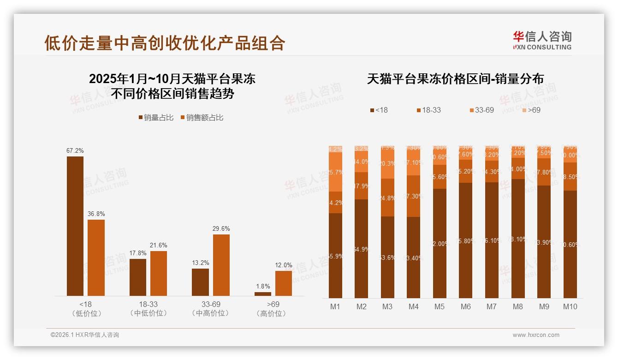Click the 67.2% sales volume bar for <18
point(75,226)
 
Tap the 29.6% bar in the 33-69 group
point(221,265)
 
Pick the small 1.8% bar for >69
point(263,294)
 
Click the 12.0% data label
point(284,265)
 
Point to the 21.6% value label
point(159,245)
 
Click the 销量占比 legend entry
point(156,118)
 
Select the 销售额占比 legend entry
point(202,118)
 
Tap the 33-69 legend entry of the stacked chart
point(481,110)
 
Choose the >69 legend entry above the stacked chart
point(530,110)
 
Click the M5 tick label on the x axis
point(440,306)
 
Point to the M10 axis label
point(570,306)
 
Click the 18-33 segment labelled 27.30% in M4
point(414,196)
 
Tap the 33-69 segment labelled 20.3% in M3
point(387,163)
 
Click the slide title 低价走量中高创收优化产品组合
point(165,43)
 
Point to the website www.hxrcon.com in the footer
point(536,335)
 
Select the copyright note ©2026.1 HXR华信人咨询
point(84,335)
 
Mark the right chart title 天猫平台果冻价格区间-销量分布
point(455,79)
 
